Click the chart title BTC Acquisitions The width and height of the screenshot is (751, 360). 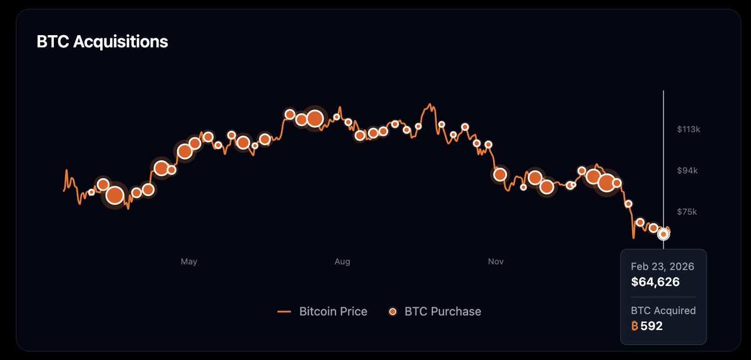(x=102, y=42)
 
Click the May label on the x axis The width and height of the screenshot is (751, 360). (x=188, y=261)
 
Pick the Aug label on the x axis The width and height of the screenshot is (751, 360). (x=342, y=261)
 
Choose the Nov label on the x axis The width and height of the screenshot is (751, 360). (x=496, y=261)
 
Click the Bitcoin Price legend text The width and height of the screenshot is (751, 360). (x=333, y=311)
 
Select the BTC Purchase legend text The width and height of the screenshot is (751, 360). (x=443, y=311)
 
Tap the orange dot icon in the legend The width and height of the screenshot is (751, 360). (x=393, y=311)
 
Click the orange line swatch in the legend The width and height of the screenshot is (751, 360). (x=285, y=311)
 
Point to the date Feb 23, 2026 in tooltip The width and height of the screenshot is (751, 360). (x=663, y=266)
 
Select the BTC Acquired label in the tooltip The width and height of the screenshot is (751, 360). (x=663, y=311)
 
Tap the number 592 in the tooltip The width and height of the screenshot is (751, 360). (x=651, y=326)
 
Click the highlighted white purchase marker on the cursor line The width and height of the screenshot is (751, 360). (x=663, y=234)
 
